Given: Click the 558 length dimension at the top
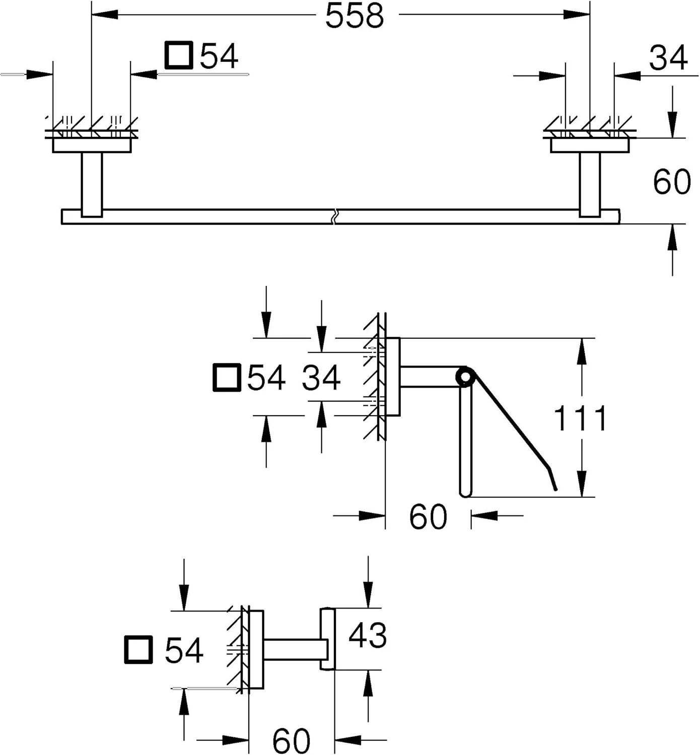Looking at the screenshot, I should click(x=355, y=16).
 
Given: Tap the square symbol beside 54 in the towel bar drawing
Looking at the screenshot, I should click(x=179, y=55).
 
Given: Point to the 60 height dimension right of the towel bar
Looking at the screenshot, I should click(x=671, y=182).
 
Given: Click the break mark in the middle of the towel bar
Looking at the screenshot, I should click(x=334, y=216).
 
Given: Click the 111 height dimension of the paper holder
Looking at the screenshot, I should click(x=580, y=418).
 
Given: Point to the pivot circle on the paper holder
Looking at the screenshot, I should click(x=465, y=377).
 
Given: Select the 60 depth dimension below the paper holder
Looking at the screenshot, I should click(x=428, y=516).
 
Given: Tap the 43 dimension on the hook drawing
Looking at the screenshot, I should click(x=368, y=635).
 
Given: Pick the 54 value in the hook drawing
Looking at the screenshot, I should click(x=184, y=650).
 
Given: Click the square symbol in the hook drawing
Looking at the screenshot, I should click(x=138, y=650).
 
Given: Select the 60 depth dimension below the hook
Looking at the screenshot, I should click(x=291, y=740).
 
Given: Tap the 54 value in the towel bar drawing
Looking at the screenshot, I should click(x=219, y=56).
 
